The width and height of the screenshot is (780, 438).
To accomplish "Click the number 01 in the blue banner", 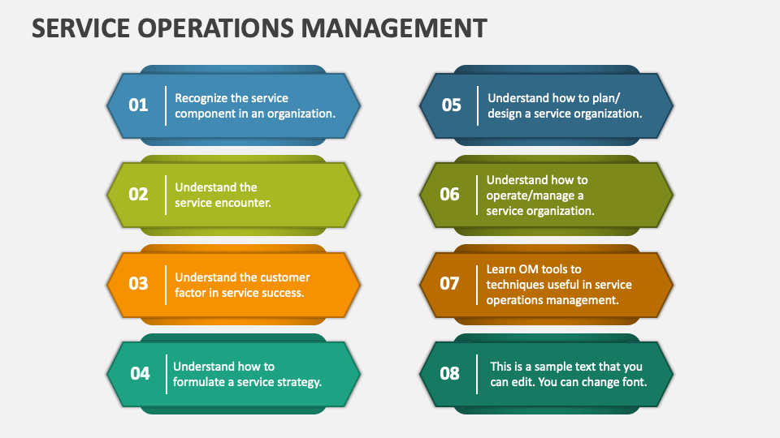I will (139, 105).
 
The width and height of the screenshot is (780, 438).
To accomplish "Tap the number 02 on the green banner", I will (139, 194).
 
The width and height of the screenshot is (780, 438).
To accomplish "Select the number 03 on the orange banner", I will (139, 283).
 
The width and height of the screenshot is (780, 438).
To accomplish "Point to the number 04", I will (140, 373).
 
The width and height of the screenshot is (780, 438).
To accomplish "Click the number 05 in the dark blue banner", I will (451, 105).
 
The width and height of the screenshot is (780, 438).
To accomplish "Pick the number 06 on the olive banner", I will (450, 194).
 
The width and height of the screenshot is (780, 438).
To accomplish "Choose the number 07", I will (450, 283).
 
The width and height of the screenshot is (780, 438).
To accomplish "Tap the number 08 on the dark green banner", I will (450, 373).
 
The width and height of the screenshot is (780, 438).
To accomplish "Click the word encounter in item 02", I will (243, 203).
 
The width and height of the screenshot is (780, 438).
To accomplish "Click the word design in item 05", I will (505, 114).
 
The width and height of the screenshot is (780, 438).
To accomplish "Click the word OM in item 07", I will (529, 268).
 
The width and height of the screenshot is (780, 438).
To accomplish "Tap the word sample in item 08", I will (560, 366).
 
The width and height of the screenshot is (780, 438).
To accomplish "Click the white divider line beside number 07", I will (478, 284).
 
